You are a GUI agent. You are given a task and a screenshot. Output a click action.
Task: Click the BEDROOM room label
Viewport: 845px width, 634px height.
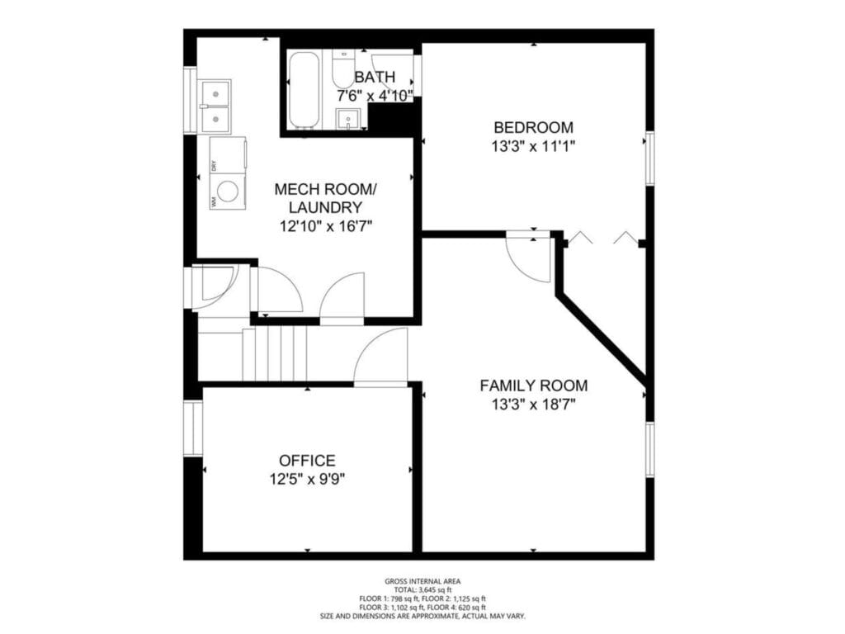(534, 128)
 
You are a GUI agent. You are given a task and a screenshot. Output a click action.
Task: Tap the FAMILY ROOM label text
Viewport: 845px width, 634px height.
(534, 386)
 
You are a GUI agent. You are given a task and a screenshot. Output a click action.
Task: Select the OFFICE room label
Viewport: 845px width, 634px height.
(307, 461)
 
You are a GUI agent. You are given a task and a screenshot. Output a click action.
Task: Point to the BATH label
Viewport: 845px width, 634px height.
(375, 77)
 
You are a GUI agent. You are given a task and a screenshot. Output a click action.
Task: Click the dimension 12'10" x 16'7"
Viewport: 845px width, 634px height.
(326, 226)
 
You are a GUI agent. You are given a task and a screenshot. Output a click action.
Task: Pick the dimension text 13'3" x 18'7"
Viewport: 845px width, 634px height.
(534, 405)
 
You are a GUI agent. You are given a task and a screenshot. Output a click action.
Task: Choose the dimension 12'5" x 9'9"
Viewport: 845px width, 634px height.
(307, 479)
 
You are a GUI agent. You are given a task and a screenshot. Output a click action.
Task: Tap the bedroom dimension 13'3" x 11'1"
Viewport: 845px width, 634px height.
(534, 146)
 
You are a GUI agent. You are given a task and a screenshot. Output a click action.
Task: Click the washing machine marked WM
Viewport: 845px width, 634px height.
(228, 192)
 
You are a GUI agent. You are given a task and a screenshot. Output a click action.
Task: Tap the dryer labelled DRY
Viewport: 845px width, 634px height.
(228, 155)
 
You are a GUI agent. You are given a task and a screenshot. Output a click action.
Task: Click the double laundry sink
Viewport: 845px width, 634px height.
(215, 106)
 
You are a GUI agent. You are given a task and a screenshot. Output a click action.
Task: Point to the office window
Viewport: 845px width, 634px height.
(192, 428)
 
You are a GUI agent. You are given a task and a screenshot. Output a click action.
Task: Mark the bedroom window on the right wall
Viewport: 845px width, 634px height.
(649, 158)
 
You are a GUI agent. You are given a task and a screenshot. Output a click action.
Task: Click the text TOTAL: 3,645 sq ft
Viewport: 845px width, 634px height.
(422, 589)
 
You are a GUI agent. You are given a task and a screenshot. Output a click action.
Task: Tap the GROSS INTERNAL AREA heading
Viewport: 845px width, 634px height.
(422, 581)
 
